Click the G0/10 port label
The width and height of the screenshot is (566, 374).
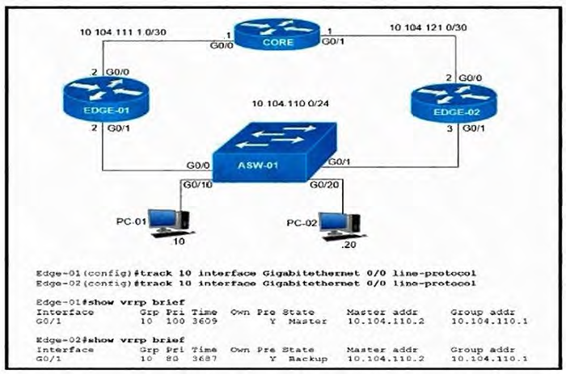(196, 185)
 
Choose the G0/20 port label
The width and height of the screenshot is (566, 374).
(325, 185)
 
